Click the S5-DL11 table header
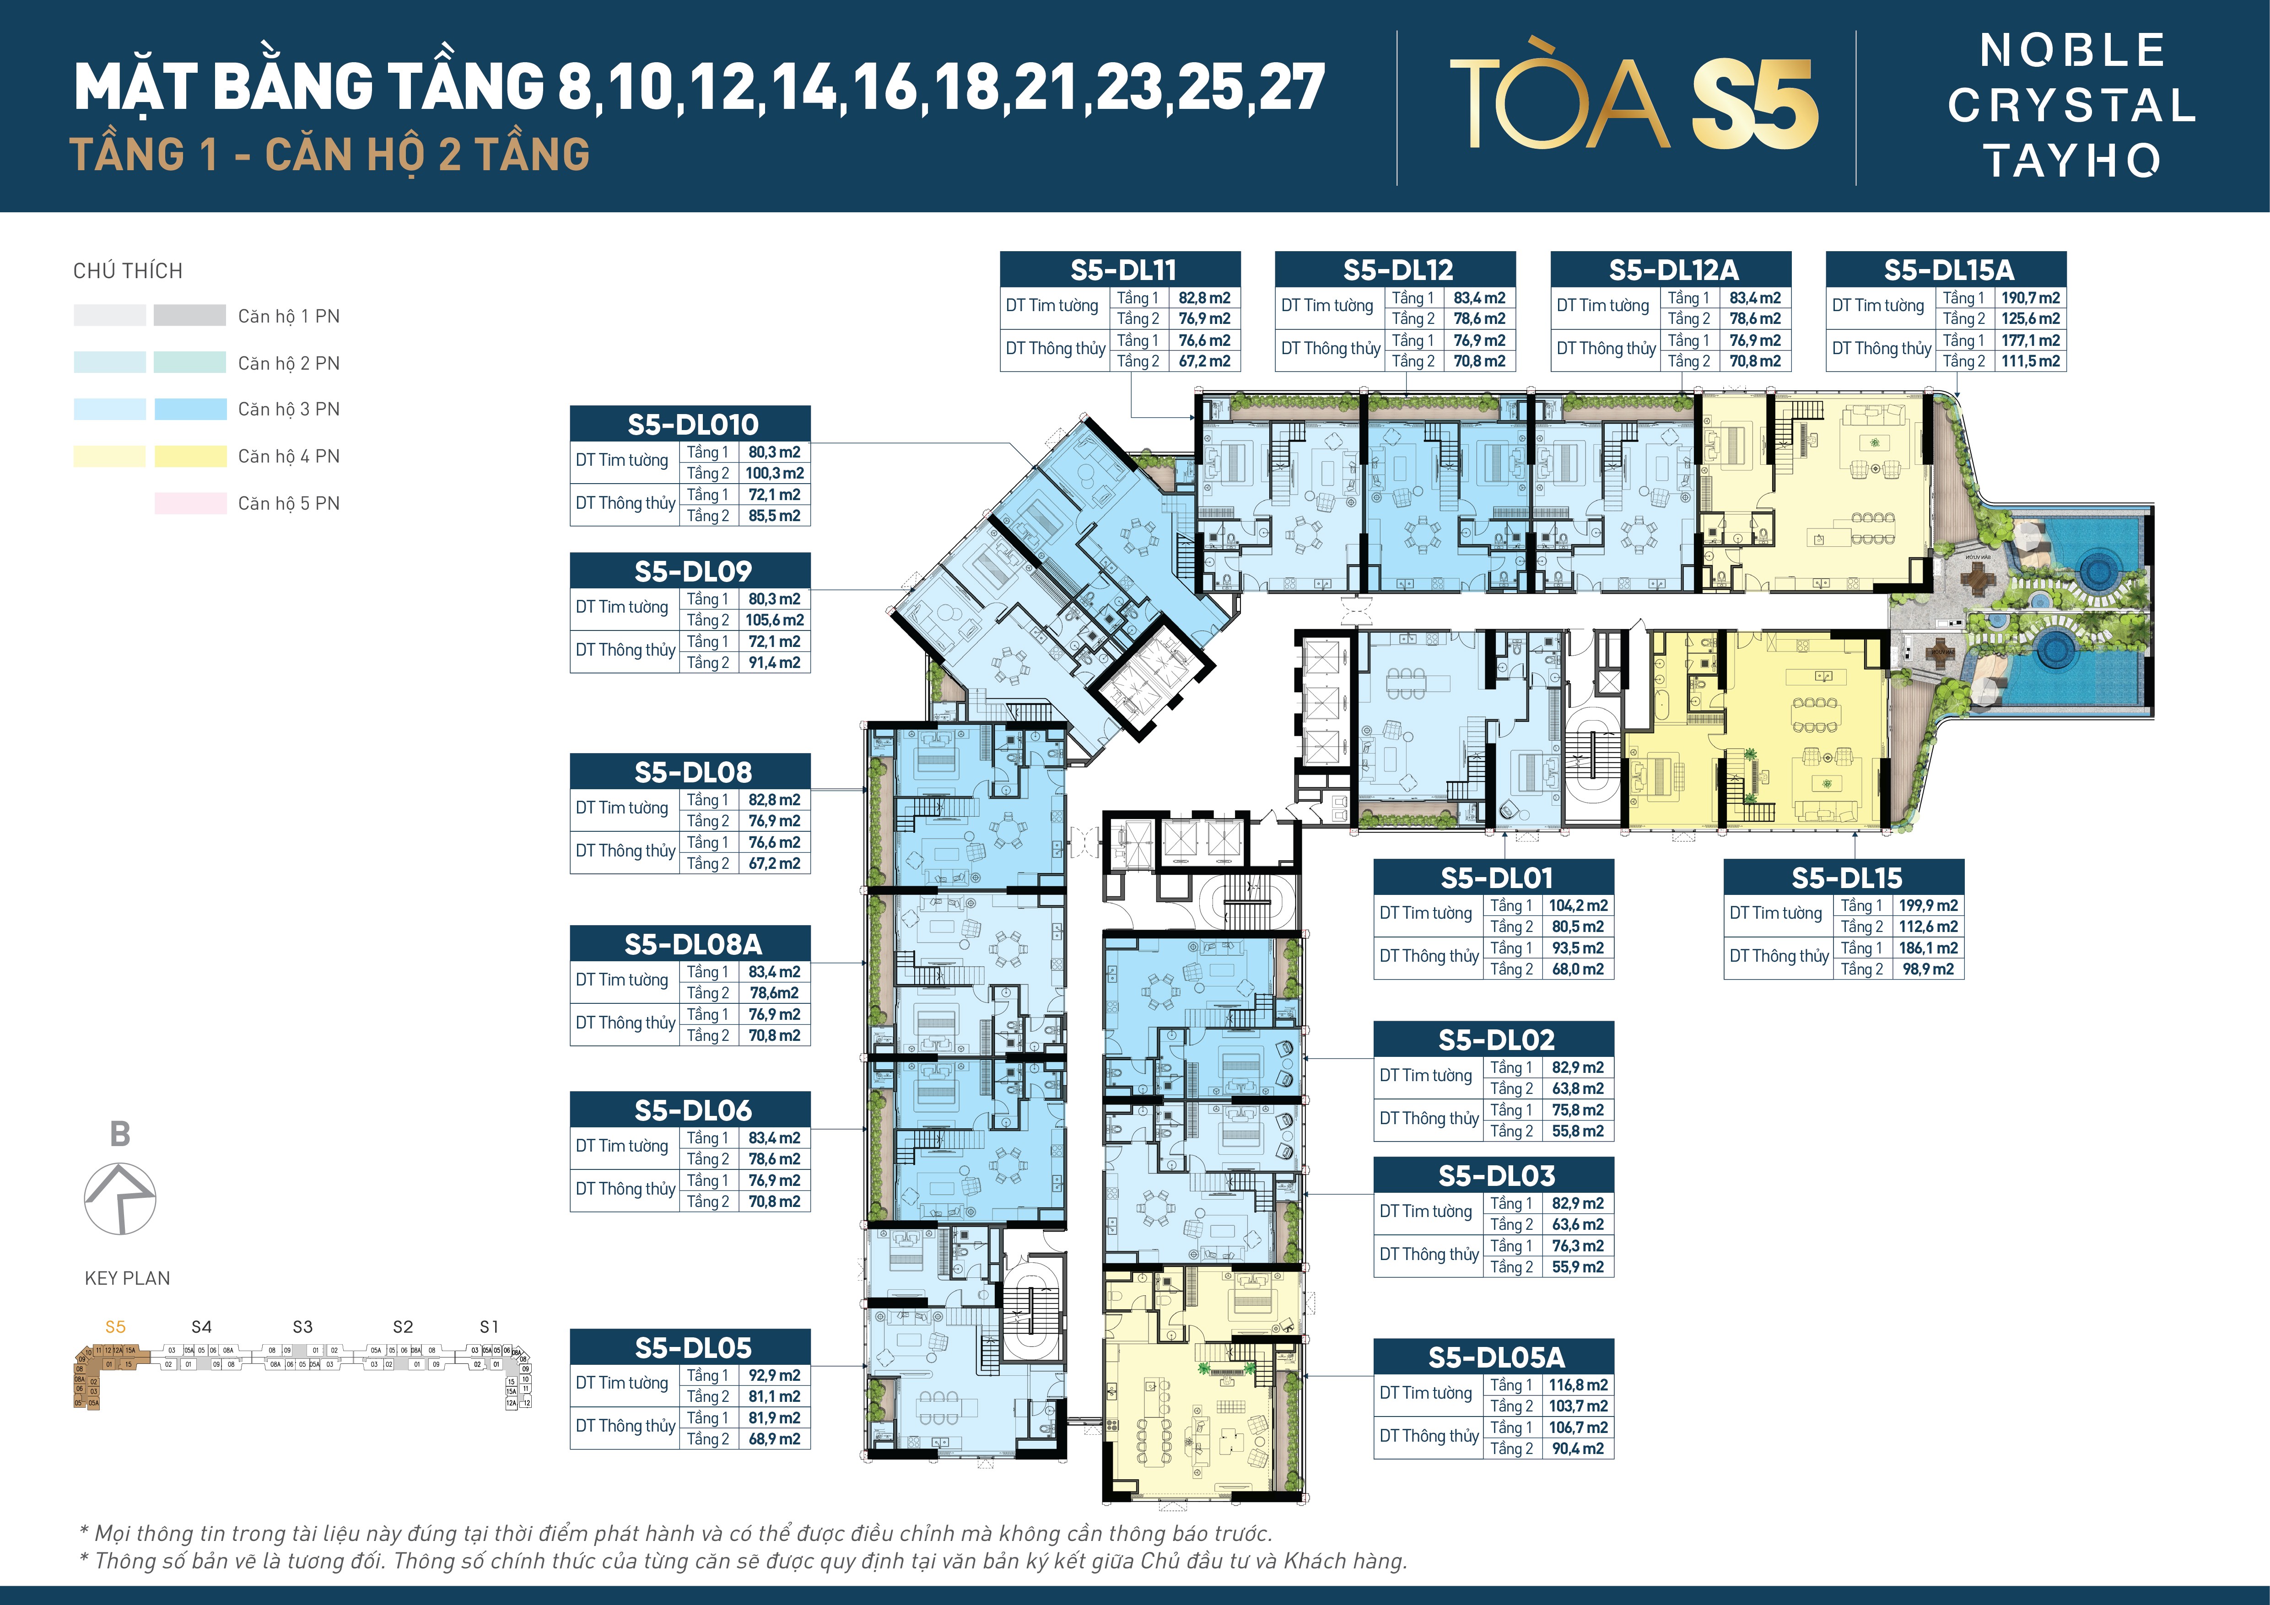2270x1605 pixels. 1122,269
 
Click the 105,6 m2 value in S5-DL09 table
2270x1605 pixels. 774,619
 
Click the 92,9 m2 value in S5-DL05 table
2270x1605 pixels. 774,1375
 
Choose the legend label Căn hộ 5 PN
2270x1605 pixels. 289,503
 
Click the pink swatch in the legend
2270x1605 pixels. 190,503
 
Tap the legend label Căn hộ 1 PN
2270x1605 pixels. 289,316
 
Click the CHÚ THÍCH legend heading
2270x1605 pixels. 128,271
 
